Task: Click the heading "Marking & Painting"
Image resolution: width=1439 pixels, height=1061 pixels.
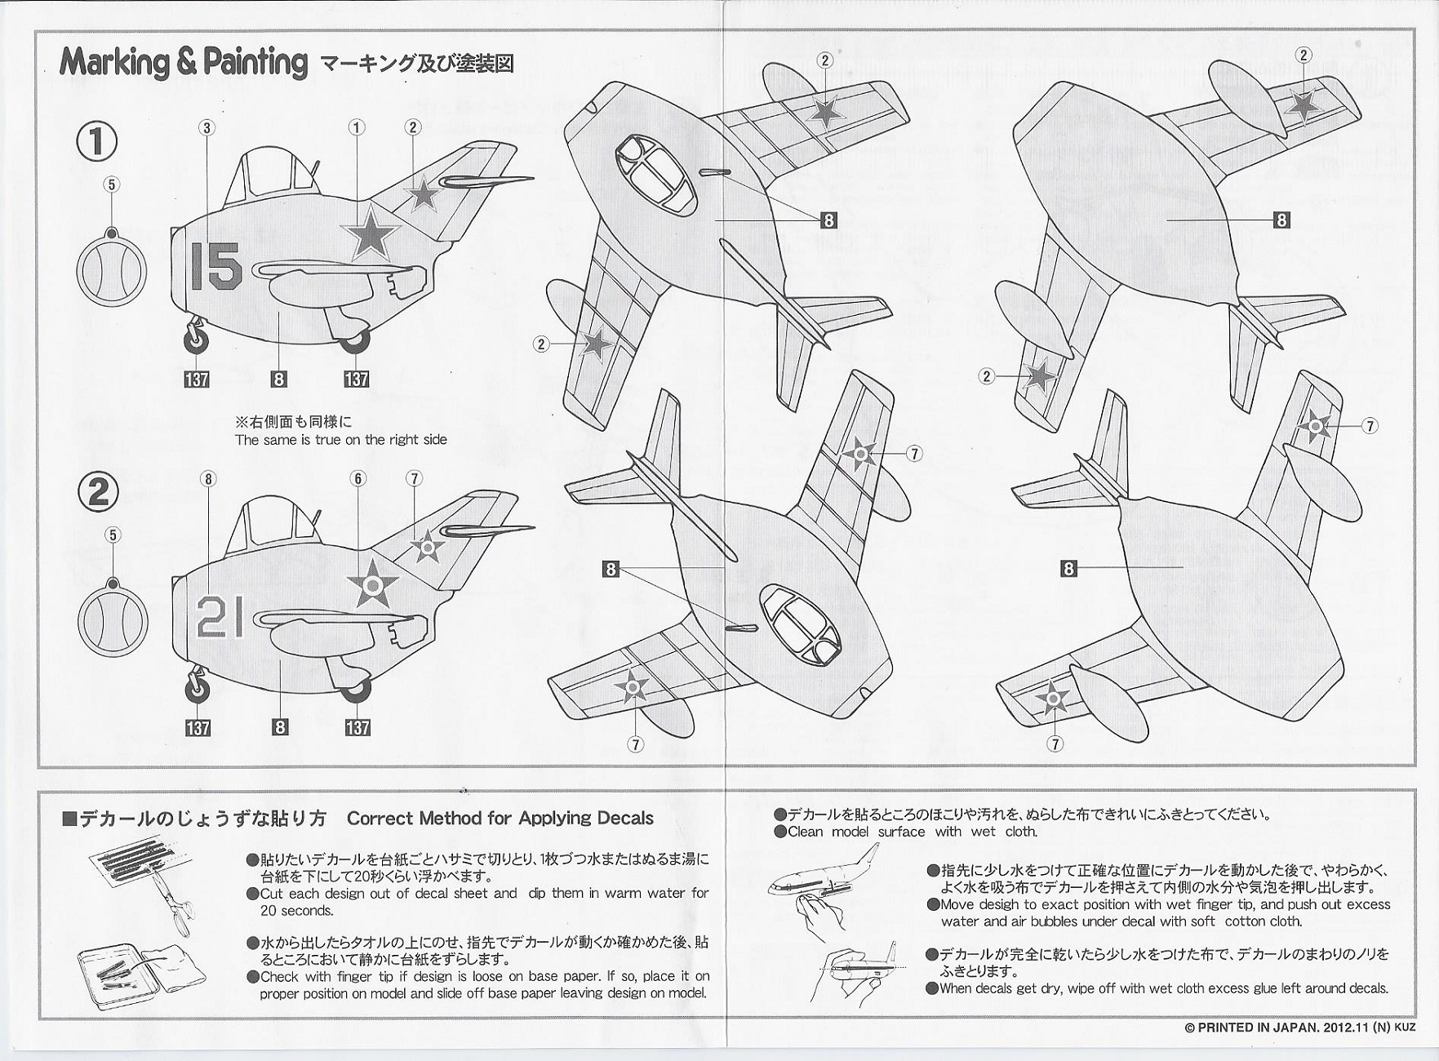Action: click(x=183, y=63)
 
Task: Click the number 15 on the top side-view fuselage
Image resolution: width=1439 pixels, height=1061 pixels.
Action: click(x=215, y=266)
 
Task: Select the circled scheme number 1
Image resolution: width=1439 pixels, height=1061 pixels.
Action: click(x=97, y=141)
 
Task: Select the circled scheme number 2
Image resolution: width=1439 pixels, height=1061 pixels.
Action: click(x=98, y=491)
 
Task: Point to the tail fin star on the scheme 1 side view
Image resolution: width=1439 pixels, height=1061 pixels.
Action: click(x=423, y=194)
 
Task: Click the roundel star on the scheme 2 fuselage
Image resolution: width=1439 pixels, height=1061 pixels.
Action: click(x=372, y=584)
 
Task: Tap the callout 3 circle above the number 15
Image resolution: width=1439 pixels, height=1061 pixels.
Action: click(x=207, y=127)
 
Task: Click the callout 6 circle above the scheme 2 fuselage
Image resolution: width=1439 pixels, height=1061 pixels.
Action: click(x=358, y=478)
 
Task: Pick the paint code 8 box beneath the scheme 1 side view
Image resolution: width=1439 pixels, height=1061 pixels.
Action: click(x=279, y=379)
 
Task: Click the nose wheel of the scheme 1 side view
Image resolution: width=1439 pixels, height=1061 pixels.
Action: click(x=198, y=341)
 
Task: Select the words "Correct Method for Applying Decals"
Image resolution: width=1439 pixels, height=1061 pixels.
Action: click(x=500, y=818)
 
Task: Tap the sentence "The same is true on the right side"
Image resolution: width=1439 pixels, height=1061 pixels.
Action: click(x=340, y=440)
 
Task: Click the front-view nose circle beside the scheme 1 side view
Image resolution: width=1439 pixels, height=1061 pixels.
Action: click(x=112, y=270)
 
